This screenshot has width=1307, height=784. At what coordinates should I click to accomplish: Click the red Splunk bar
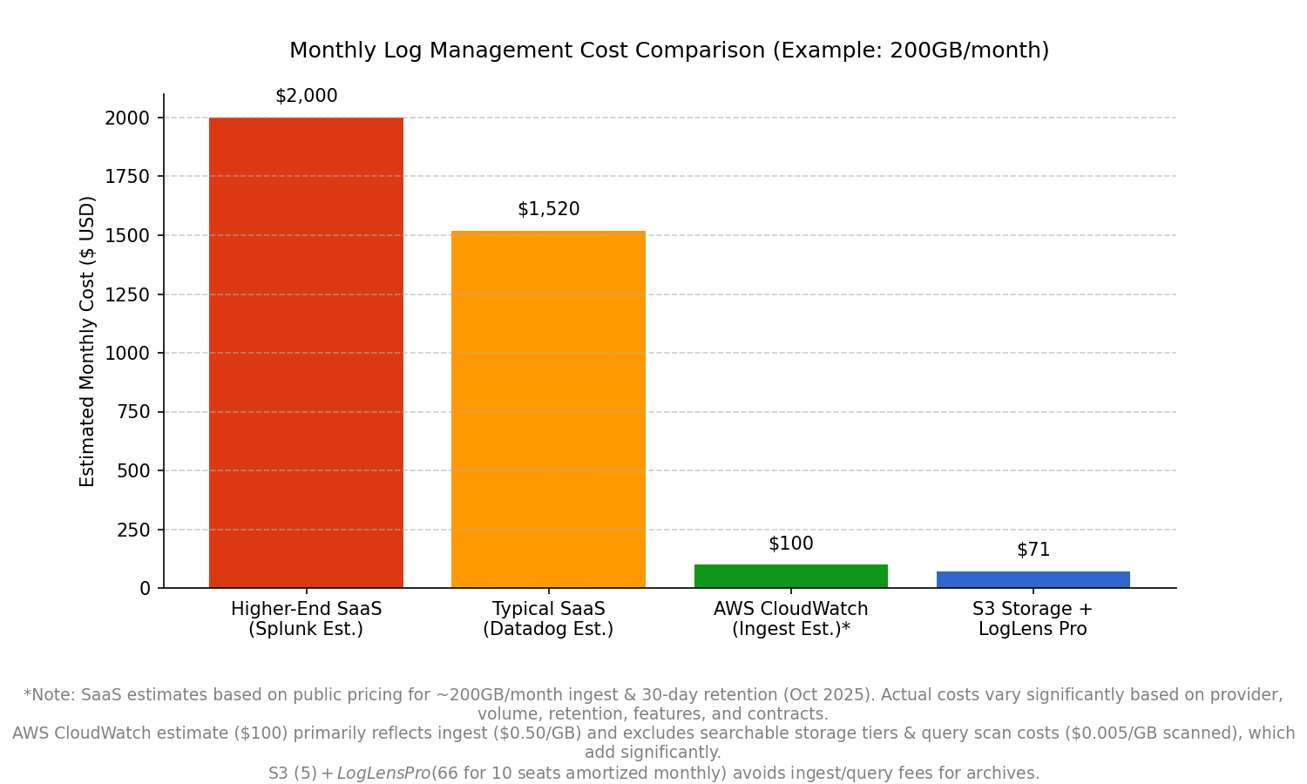[x=306, y=353]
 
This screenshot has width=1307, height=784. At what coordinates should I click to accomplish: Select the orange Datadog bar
[x=548, y=409]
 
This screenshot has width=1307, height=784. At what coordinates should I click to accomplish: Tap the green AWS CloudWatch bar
[x=790, y=577]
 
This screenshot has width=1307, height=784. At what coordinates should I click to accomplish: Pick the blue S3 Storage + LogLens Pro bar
[x=1033, y=580]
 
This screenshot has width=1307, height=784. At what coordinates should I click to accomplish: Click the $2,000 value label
[x=306, y=97]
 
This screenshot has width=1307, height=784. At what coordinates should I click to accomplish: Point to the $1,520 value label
[x=548, y=210]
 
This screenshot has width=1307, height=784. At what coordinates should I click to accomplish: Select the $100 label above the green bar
[x=790, y=544]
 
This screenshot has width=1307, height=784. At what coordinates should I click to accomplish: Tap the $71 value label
[x=1033, y=551]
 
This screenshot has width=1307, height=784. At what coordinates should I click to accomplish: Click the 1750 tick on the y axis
[x=127, y=177]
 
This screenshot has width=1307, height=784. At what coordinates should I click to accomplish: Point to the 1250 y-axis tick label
[x=127, y=294]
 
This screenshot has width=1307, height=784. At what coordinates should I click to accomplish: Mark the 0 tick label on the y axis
[x=145, y=589]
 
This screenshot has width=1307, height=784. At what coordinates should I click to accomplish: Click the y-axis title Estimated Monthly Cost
[x=88, y=341]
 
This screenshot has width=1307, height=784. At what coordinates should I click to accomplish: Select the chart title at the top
[x=668, y=51]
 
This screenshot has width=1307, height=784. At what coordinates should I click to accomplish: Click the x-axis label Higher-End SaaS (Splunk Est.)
[x=306, y=619]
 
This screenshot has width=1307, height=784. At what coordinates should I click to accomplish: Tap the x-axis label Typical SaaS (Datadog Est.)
[x=548, y=619]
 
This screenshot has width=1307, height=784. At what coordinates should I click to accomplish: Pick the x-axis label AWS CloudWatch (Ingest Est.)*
[x=790, y=619]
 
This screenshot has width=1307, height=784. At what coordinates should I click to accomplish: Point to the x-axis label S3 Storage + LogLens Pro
[x=1033, y=619]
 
